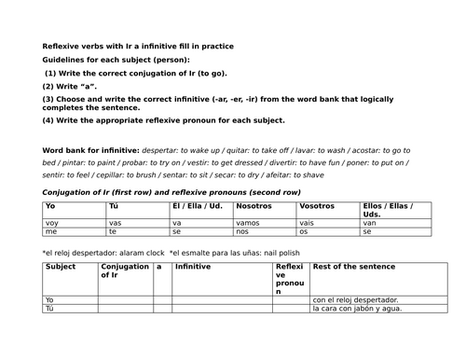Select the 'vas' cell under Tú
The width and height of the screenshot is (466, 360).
[x=115, y=224]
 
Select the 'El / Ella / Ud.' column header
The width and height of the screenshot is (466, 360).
[x=197, y=205]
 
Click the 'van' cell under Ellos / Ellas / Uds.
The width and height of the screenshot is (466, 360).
[x=369, y=224]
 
